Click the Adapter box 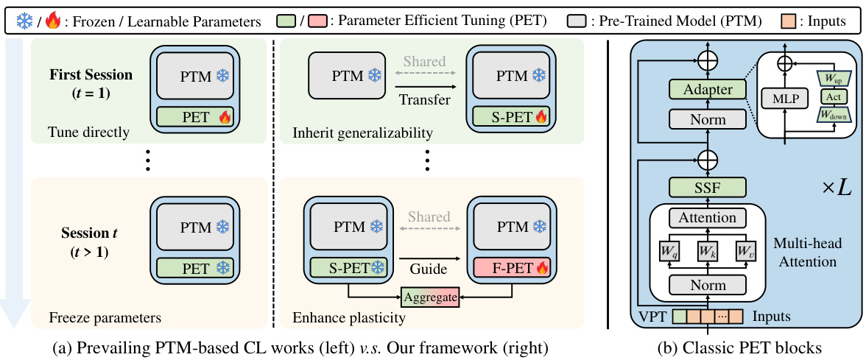coord(708,90)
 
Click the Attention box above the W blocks coord(708,218)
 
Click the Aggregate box coord(430,297)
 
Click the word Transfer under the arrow coord(423,100)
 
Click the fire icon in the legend coord(52,21)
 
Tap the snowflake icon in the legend coord(25,21)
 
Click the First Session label coord(91,74)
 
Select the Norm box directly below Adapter coord(708,119)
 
